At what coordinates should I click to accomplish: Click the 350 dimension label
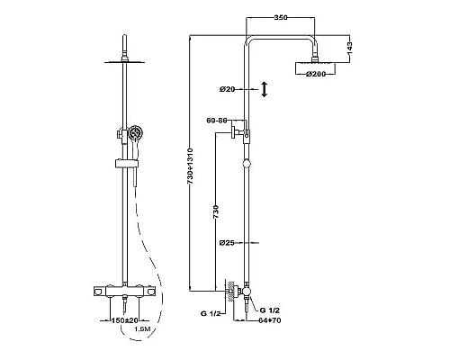point(281,17)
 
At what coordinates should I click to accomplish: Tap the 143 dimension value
point(349,49)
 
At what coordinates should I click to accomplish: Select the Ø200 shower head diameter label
point(316,74)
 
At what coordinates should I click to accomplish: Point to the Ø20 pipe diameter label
point(227,89)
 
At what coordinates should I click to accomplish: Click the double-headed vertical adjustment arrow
point(265,89)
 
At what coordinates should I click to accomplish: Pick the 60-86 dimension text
point(216,121)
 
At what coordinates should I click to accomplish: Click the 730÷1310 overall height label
point(190,166)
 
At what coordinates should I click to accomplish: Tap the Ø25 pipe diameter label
point(227,243)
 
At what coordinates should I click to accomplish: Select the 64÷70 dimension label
point(270,320)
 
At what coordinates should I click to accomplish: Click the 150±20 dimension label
point(125,320)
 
